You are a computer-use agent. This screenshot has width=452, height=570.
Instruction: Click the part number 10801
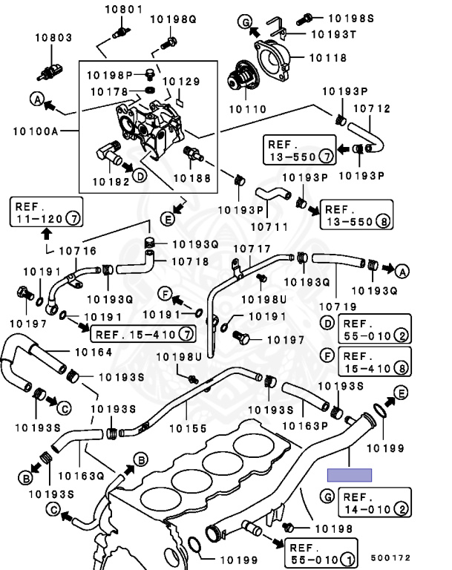(x=122, y=10)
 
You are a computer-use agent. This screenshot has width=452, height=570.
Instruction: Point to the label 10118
(x=328, y=56)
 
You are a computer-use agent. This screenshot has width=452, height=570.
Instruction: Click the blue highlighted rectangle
(x=350, y=474)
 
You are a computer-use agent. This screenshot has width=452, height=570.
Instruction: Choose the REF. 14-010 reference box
(x=375, y=503)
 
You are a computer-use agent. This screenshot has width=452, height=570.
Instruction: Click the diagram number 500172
(x=390, y=557)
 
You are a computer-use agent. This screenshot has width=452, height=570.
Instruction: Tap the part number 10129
(x=181, y=81)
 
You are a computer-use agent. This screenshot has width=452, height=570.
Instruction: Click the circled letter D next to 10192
(x=139, y=176)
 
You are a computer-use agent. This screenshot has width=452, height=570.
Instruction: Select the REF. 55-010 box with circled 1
(x=320, y=552)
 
